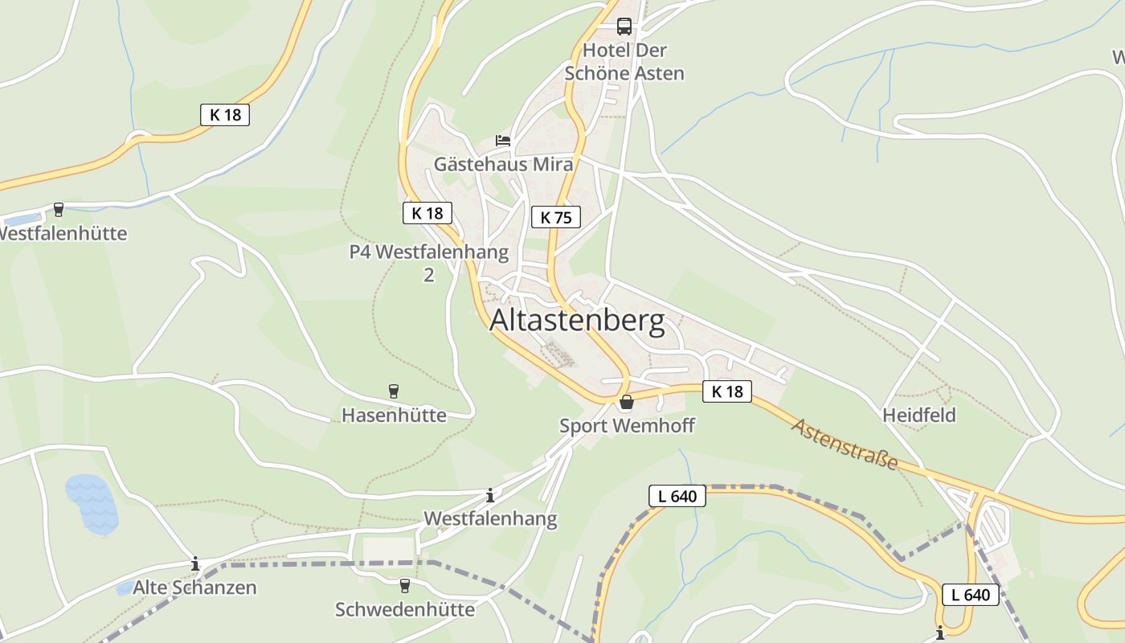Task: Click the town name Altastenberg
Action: click(x=577, y=321)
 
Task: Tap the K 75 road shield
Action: click(x=555, y=217)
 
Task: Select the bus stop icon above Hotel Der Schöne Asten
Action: click(x=624, y=26)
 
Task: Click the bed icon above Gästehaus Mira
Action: click(x=503, y=141)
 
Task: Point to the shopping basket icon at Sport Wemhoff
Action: click(x=626, y=402)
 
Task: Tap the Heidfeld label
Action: click(x=919, y=415)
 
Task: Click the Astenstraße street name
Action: click(x=845, y=444)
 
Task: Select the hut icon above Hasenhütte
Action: click(x=394, y=391)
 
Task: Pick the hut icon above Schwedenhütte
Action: click(x=405, y=586)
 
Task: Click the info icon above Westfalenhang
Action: click(x=490, y=495)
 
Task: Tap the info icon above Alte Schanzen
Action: click(x=195, y=563)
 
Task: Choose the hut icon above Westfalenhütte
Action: click(x=58, y=210)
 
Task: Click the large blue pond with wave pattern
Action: click(x=92, y=504)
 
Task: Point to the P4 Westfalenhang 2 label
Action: click(x=429, y=263)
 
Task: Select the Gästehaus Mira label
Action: click(x=504, y=165)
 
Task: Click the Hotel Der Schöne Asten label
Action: click(x=624, y=62)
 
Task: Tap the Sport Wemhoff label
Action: click(x=627, y=425)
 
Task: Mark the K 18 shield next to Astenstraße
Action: click(x=727, y=391)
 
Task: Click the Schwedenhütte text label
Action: click(x=405, y=609)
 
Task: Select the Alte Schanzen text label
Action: click(x=194, y=588)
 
